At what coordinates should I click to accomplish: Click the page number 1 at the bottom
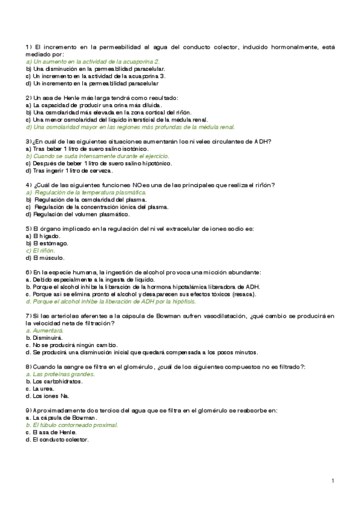332,481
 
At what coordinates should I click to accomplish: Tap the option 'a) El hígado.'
40,236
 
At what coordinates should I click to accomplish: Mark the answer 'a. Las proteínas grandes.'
60,373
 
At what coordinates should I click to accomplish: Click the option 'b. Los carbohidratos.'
54,381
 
